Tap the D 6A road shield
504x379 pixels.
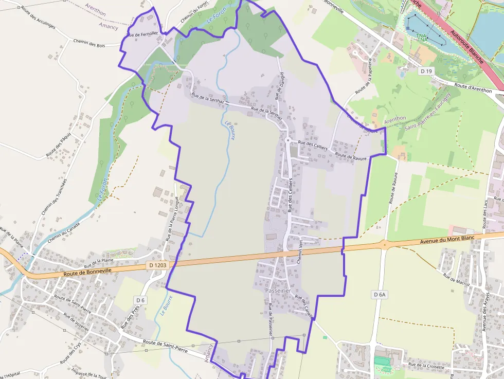click(x=379, y=294)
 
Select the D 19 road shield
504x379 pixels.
click(x=424, y=70)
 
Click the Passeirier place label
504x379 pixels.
click(x=278, y=291)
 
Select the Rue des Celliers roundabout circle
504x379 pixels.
click(x=288, y=140)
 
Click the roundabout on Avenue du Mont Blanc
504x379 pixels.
click(x=384, y=244)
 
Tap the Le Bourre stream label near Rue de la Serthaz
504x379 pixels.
click(x=229, y=126)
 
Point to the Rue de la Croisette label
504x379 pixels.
click(x=426, y=366)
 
